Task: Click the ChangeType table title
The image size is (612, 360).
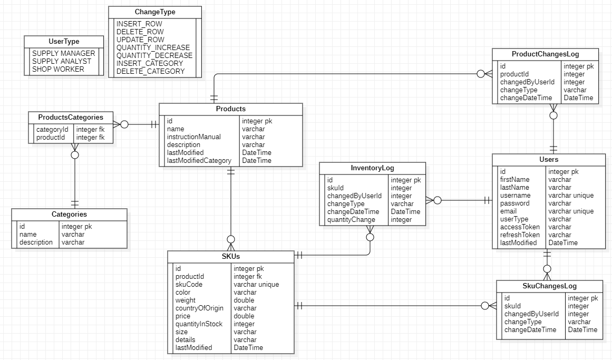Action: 155,12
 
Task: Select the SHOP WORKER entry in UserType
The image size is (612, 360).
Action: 58,69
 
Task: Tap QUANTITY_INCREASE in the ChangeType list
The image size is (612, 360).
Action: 153,47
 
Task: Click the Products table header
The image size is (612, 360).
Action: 231,109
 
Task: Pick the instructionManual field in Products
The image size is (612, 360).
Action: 193,137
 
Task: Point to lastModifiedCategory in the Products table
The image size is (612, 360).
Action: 199,160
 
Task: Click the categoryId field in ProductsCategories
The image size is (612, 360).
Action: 52,129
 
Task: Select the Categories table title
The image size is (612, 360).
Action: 69,215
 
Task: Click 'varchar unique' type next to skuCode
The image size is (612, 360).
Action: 256,284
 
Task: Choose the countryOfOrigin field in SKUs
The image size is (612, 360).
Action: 199,308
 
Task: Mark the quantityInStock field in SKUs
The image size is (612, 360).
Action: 199,324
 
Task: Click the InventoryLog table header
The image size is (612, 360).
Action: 372,168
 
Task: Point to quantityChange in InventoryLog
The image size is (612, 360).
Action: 351,219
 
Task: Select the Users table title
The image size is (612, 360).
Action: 549,159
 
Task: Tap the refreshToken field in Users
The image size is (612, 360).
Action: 520,235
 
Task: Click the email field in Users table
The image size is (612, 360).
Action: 509,211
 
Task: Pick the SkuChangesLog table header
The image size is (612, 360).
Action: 549,286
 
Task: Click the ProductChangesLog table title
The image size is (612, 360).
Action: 546,54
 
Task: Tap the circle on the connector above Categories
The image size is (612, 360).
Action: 75,155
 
